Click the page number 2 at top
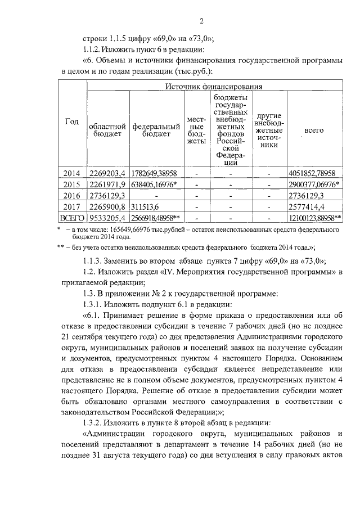pos(201,21)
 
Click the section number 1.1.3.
pos(93,260)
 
